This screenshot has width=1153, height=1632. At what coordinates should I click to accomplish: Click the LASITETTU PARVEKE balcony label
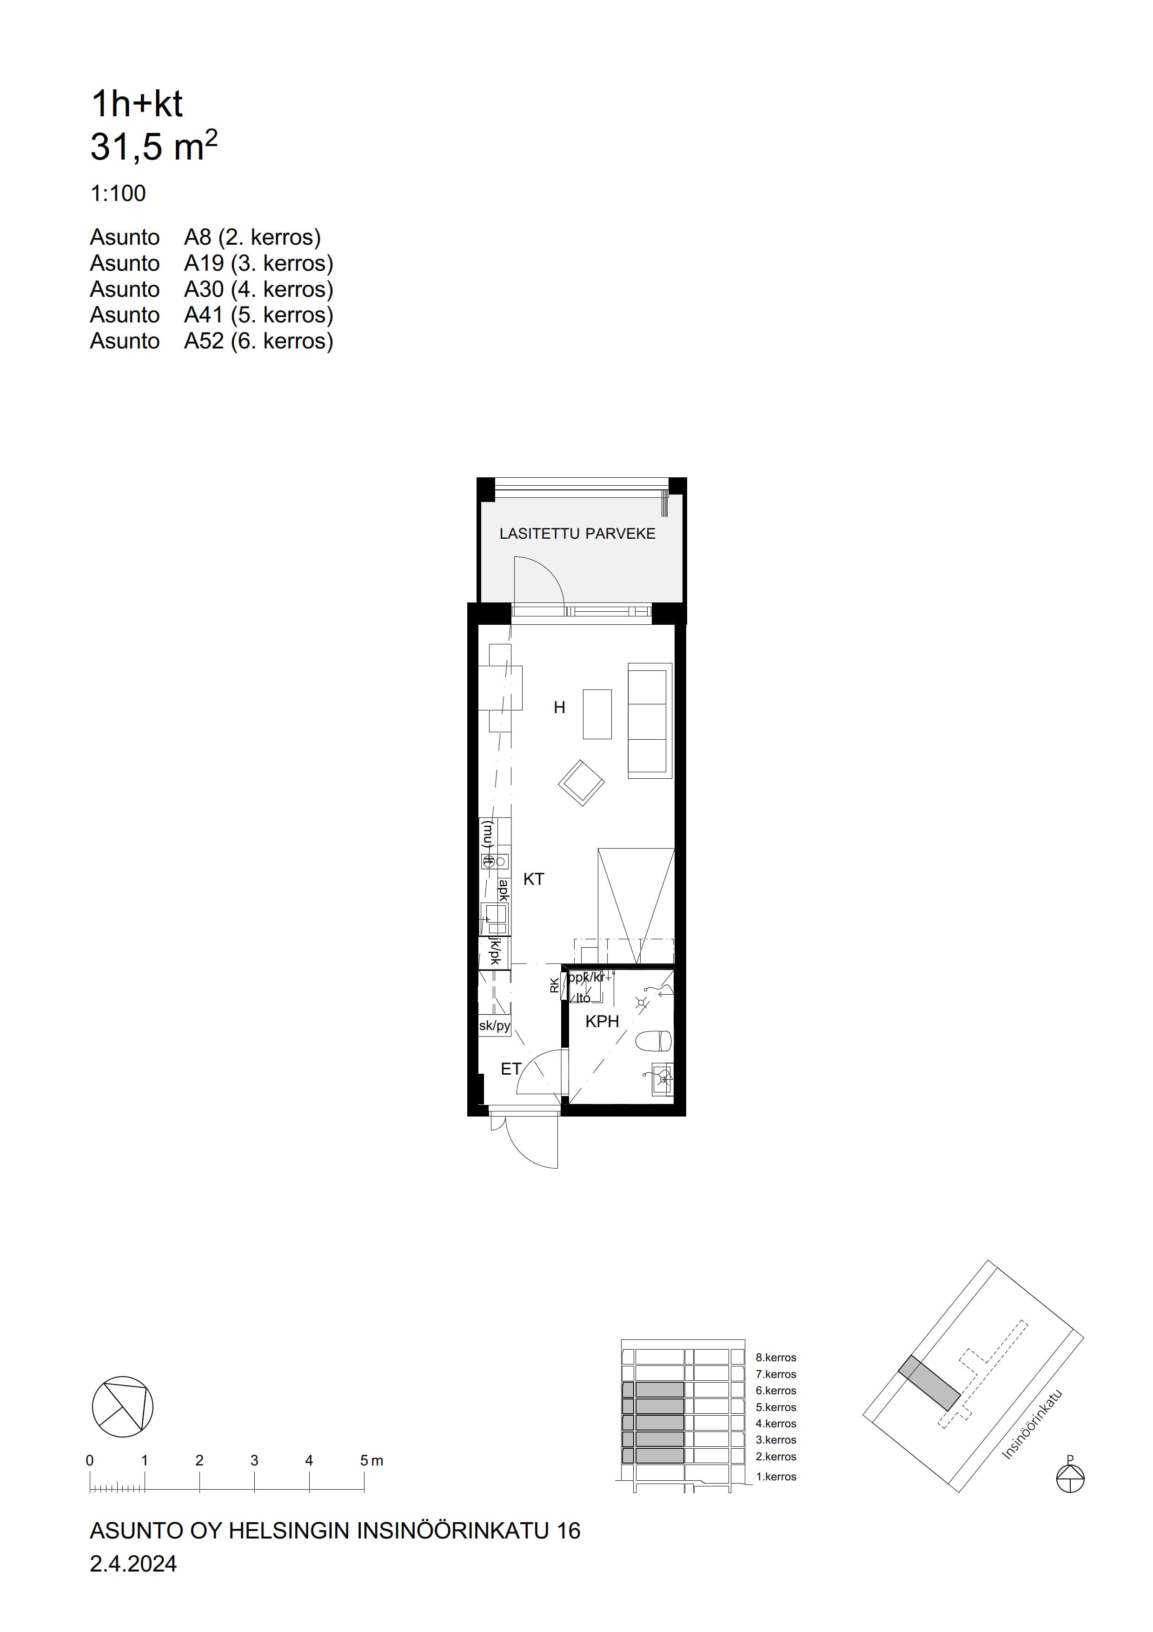coord(577,534)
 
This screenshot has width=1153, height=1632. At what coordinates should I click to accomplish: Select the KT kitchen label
coord(534,879)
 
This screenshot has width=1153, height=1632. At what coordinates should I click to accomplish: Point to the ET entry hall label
coord(511,1069)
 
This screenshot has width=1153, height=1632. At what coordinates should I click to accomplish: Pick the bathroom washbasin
coord(662,1080)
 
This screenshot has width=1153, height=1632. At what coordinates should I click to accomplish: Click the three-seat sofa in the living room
coord(650,721)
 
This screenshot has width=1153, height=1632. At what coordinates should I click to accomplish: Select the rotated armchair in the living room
coord(581,783)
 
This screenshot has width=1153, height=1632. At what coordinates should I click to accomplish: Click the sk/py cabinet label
coord(495,1026)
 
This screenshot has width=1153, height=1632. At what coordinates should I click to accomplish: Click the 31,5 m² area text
coord(153,146)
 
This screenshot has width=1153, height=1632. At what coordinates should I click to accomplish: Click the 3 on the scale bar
coord(254,1460)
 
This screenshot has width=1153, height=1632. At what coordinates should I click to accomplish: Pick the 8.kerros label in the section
coord(776,1358)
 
